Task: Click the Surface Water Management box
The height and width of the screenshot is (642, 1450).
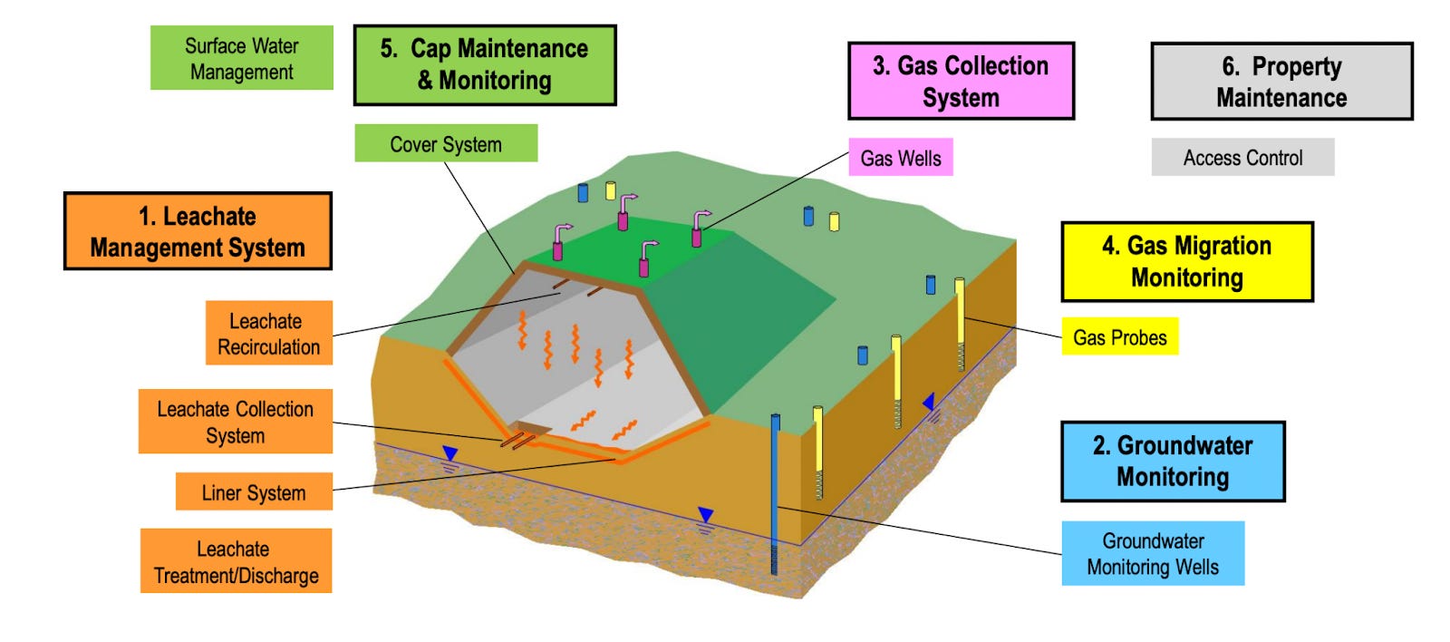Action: point(241,58)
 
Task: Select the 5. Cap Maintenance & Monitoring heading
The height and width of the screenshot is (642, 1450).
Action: point(485,65)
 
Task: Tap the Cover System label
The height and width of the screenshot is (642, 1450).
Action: point(445,144)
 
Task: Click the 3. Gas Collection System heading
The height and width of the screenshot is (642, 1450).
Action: point(961,81)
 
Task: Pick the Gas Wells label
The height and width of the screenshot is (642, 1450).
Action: point(900,158)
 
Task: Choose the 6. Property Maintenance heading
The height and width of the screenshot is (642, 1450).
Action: point(1281,82)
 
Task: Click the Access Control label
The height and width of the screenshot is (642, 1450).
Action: point(1242,158)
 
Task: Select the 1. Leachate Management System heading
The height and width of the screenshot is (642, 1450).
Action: point(198,231)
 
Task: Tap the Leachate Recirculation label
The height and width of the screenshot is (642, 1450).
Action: point(268,334)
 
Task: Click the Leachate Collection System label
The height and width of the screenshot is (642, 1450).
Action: point(235,422)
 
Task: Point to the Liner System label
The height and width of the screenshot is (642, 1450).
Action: point(254,492)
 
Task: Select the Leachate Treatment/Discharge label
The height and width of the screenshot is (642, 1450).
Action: point(236,561)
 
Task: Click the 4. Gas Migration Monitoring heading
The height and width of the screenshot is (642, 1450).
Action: point(1186,262)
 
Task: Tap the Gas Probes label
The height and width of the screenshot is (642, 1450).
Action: point(1119,337)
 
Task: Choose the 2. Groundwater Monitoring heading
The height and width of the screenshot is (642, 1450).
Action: point(1173,462)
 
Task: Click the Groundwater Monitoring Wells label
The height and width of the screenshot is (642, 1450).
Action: point(1152,553)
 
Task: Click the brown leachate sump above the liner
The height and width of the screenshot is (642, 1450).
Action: point(533,428)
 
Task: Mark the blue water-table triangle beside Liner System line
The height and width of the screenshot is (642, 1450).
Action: point(449,453)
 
